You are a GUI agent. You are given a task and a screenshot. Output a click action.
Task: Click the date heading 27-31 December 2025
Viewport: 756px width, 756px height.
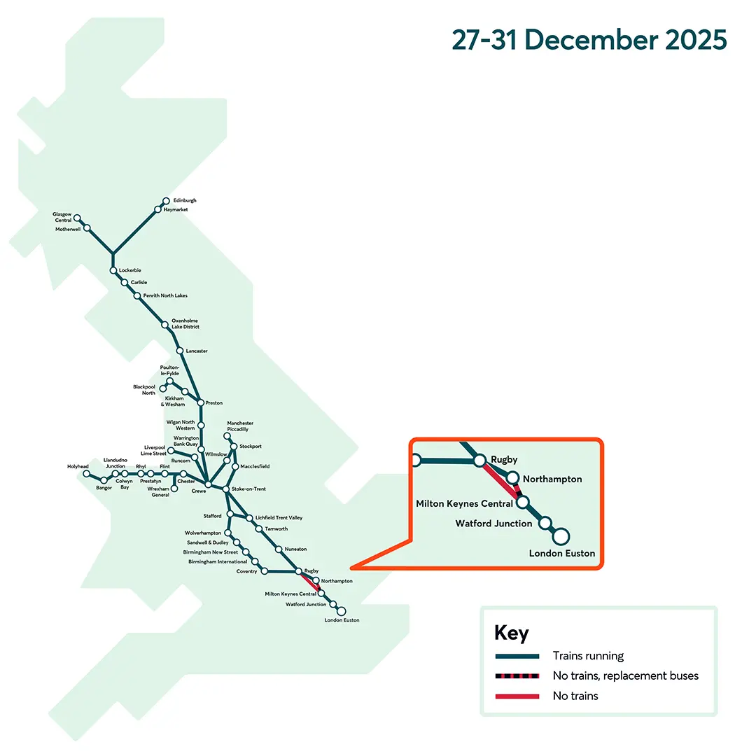[589, 40]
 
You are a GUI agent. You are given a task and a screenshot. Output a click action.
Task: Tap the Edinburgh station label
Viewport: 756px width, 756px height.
[185, 200]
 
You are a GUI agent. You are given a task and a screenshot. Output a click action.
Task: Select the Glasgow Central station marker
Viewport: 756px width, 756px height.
[78, 218]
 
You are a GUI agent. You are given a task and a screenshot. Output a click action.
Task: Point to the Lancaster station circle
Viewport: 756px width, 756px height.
[179, 350]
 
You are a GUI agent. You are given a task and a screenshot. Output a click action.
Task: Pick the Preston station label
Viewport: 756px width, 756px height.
[213, 403]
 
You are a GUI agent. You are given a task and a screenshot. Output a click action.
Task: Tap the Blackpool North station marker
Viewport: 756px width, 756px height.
[163, 388]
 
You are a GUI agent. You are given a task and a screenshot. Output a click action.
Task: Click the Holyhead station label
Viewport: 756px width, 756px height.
[78, 466]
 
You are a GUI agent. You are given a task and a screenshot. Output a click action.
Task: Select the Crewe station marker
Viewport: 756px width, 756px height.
[208, 484]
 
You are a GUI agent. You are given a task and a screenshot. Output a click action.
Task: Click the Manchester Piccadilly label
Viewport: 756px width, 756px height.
[240, 426]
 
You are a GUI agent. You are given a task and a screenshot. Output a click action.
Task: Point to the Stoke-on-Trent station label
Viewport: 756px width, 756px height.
[248, 489]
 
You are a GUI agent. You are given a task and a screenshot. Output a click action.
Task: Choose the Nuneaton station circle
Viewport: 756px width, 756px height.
[279, 549]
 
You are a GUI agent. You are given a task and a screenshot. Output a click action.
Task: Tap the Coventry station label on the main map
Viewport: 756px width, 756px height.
[246, 571]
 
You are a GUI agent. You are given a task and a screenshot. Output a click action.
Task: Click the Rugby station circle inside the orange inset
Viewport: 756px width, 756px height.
[480, 461]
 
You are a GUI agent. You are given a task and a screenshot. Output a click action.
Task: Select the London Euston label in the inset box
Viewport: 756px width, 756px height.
[561, 554]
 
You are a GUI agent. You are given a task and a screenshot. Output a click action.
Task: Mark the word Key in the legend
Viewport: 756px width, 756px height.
[511, 633]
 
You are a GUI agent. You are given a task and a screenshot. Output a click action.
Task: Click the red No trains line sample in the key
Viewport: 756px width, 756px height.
[517, 696]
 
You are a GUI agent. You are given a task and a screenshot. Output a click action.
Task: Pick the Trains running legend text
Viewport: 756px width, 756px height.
[587, 656]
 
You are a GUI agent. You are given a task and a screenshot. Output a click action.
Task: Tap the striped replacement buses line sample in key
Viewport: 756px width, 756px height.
[517, 676]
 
